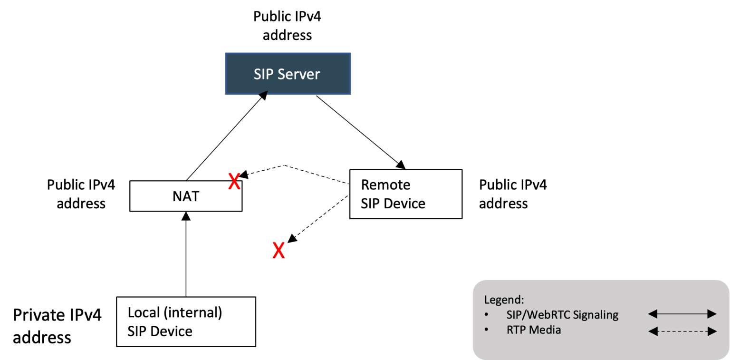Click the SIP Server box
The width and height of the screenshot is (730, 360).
(x=288, y=74)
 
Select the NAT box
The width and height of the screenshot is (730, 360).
(x=186, y=195)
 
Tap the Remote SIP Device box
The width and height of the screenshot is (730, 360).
(x=405, y=194)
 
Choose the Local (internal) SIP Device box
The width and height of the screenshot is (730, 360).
(x=186, y=321)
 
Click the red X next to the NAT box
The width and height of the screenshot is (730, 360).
(x=234, y=182)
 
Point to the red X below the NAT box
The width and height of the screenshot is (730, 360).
(x=279, y=251)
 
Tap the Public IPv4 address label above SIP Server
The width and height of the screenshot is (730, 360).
(x=287, y=26)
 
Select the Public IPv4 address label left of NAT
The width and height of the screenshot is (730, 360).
(x=81, y=194)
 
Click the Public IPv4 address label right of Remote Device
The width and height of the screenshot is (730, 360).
(x=513, y=194)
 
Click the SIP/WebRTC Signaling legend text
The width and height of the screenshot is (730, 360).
(x=562, y=314)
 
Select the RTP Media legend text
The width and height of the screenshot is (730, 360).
(x=534, y=330)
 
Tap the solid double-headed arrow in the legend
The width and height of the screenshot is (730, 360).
(x=682, y=314)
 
